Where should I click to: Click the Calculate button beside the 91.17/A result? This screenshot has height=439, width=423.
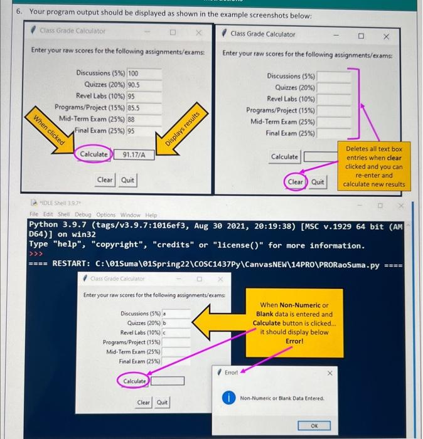click(93, 154)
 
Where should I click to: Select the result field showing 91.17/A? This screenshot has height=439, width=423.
click(134, 154)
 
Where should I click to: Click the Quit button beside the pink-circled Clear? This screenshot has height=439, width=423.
click(318, 182)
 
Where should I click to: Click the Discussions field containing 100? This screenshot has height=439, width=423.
click(144, 73)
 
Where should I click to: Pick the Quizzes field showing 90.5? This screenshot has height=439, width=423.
click(144, 85)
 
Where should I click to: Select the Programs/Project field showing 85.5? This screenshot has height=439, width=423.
click(144, 108)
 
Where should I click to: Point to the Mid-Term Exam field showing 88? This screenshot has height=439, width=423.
click(144, 119)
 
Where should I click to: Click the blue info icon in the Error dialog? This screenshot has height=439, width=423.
click(230, 398)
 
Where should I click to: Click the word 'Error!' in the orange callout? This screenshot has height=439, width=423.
click(294, 341)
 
